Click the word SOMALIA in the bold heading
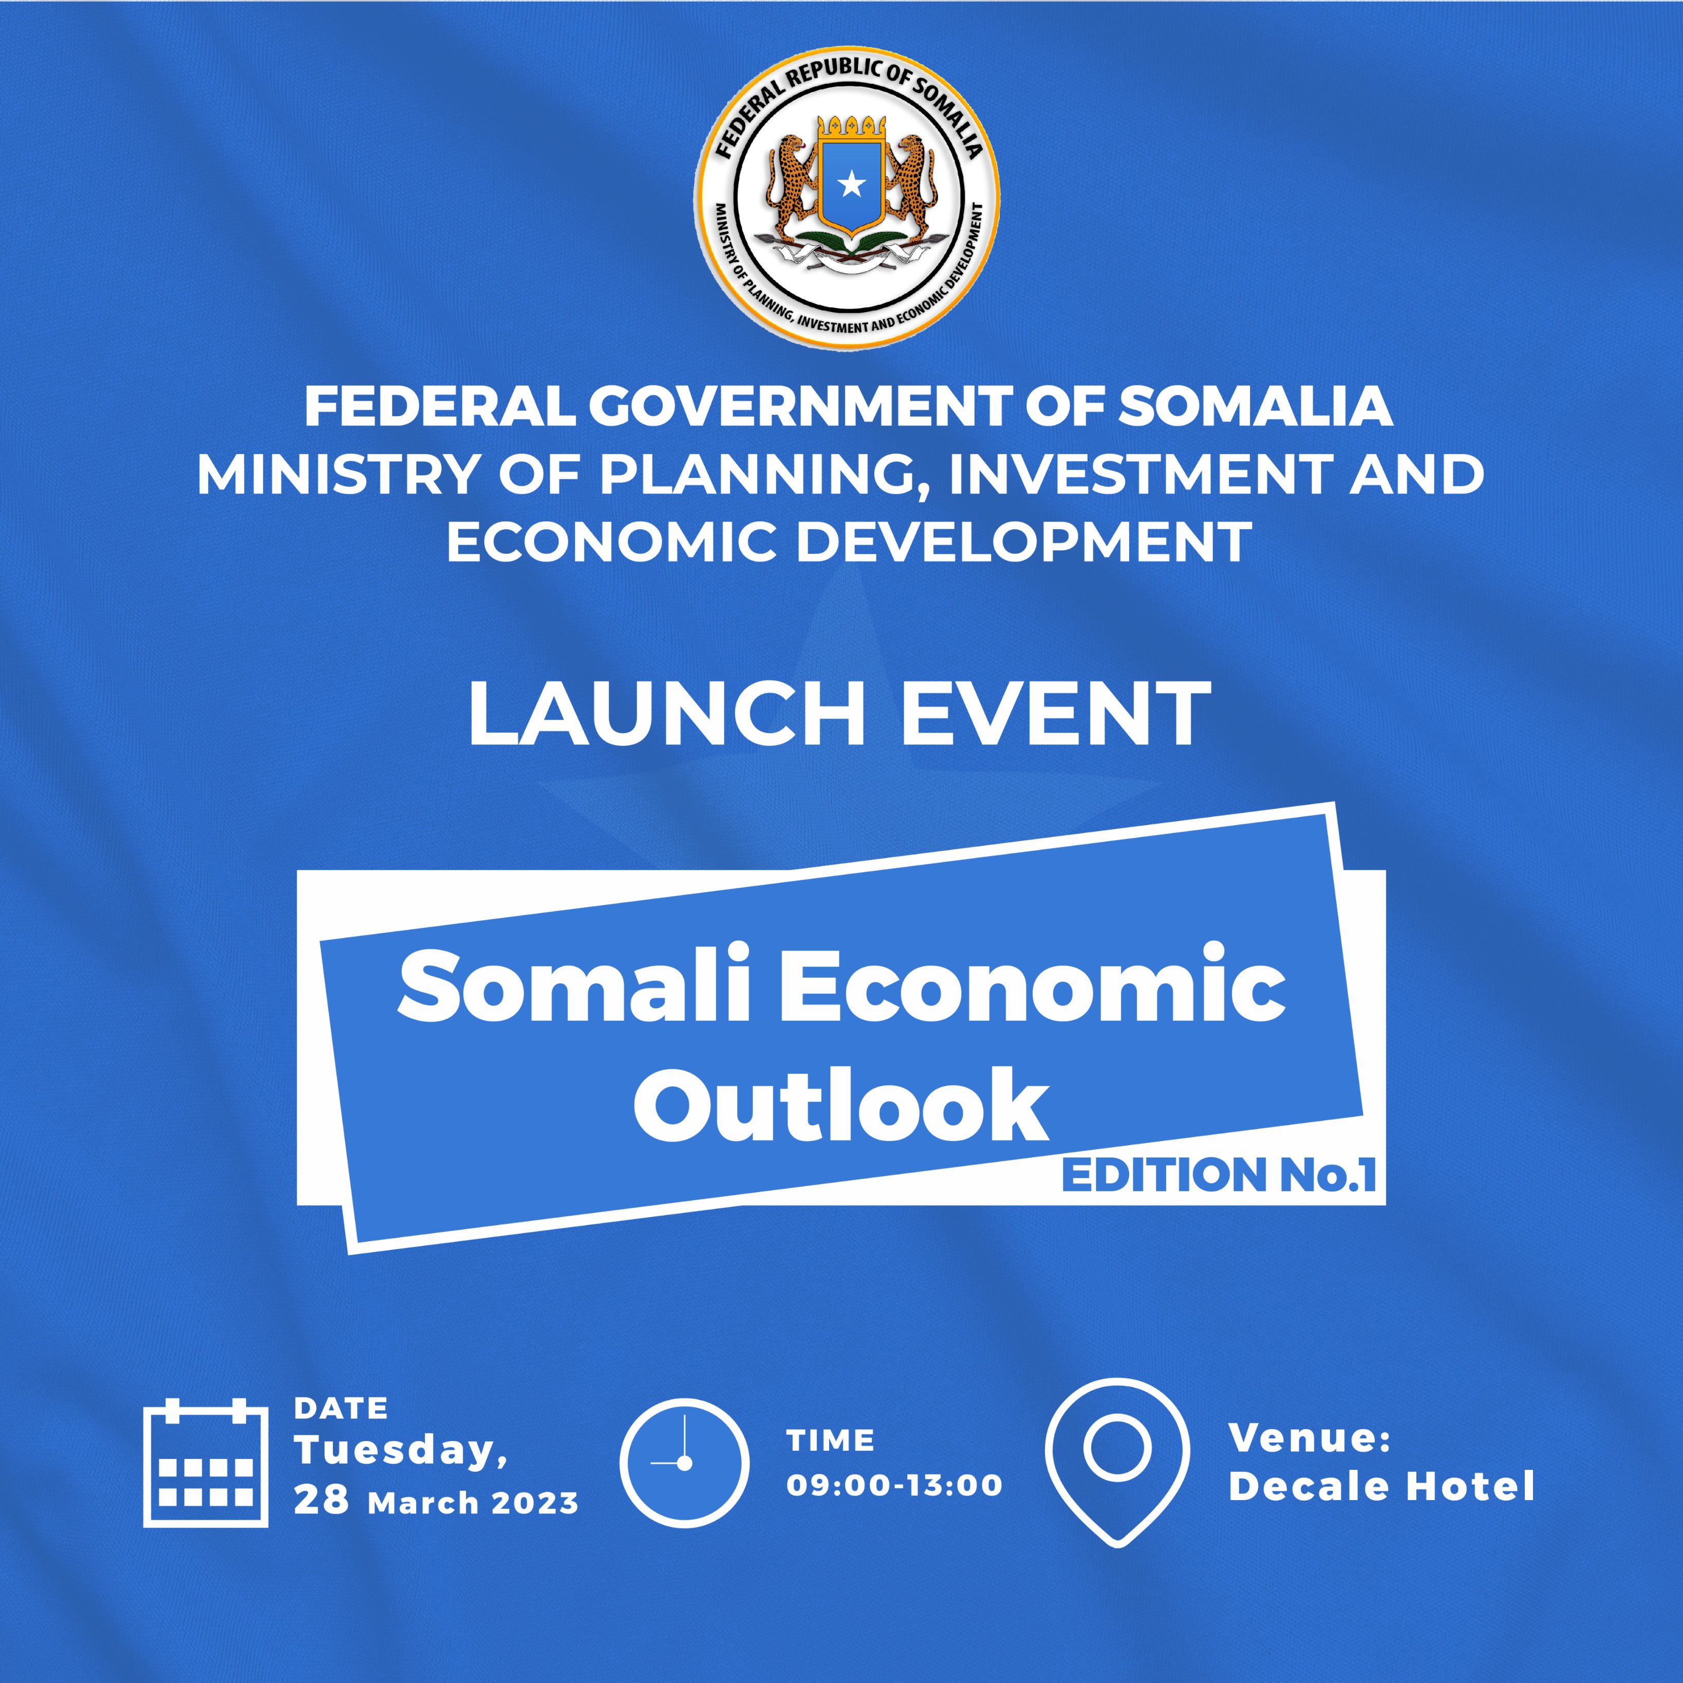1255,407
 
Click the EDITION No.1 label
1219,1175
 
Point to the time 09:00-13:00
894,1484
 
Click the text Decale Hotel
1381,1486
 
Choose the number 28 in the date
322,1499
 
